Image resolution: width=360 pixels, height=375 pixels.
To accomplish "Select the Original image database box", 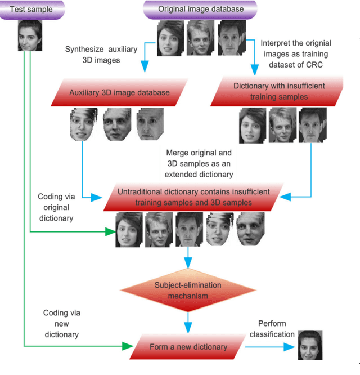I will (x=200, y=10).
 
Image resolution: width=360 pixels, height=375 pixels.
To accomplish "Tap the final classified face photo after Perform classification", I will (x=309, y=346).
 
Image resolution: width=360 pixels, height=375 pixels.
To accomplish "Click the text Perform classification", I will (x=272, y=329).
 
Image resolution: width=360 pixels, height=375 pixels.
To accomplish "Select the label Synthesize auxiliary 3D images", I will (x=101, y=55).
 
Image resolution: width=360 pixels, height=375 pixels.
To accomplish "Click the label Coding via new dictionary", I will (x=61, y=323).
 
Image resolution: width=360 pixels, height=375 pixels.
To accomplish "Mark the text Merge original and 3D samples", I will (x=200, y=163).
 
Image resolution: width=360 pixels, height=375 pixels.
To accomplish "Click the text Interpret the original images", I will (x=296, y=53).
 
